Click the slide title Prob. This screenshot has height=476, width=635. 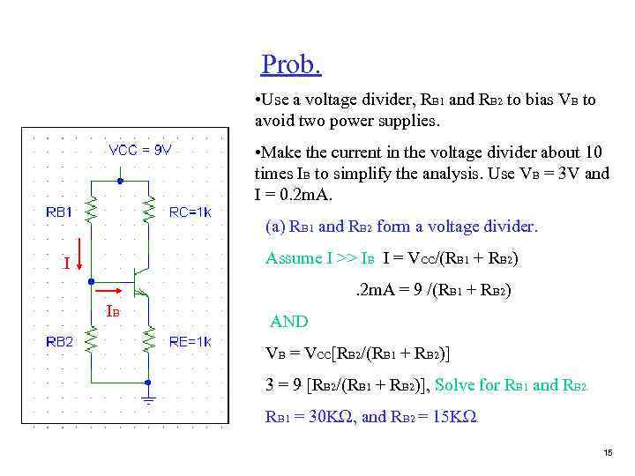[x=291, y=64]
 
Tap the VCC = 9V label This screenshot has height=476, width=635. [x=140, y=149]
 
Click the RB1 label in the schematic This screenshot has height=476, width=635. [x=59, y=212]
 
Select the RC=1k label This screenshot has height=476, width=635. [x=190, y=212]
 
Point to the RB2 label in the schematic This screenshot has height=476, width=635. [x=59, y=341]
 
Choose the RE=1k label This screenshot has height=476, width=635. [x=190, y=341]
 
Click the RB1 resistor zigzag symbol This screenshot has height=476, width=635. [x=91, y=209]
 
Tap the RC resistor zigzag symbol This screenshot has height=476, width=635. [x=149, y=209]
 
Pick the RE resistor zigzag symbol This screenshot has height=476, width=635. [x=149, y=338]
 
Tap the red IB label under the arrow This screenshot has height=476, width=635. [x=112, y=311]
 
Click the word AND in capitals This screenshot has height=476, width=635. [x=289, y=322]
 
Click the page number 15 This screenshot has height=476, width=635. [x=607, y=452]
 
